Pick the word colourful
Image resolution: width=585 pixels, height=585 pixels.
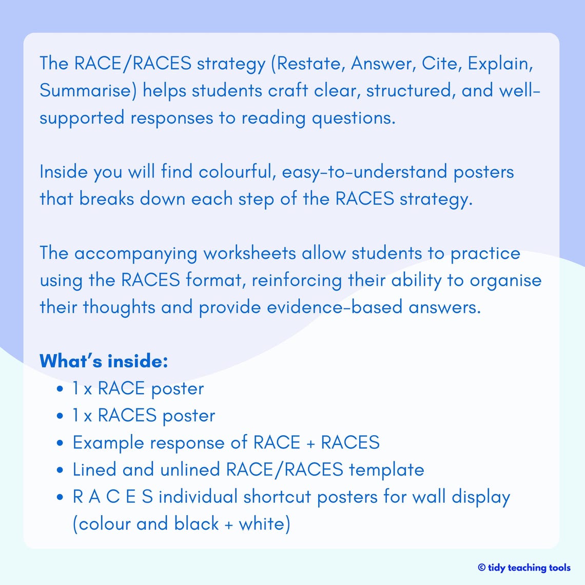(238, 171)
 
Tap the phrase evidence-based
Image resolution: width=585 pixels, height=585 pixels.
(335, 307)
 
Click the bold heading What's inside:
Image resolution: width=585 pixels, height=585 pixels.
(104, 361)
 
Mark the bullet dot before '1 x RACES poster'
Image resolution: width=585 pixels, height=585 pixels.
(61, 416)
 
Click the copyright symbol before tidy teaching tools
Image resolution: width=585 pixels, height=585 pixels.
(481, 568)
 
